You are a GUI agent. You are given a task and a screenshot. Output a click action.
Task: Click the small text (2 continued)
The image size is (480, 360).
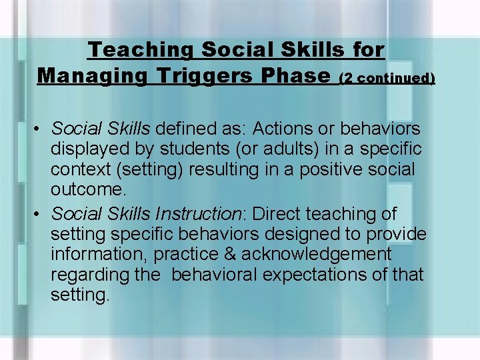tap(387, 78)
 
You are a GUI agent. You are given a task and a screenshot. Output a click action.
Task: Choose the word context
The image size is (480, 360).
tap(78, 169)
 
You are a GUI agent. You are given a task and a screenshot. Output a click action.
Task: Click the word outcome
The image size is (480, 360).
tap(86, 190)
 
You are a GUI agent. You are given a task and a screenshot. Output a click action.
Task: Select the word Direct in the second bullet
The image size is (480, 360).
tap(277, 214)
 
